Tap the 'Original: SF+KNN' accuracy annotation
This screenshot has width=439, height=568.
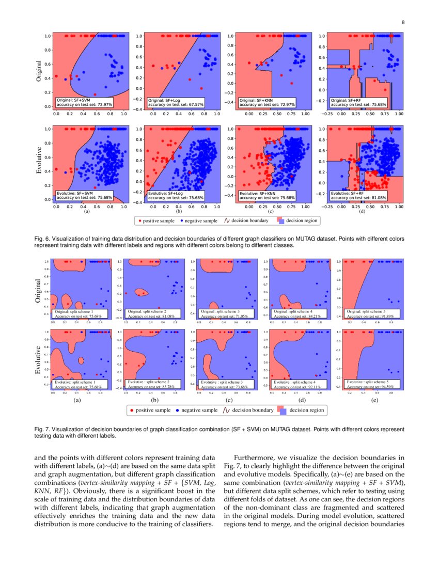(x=266, y=102)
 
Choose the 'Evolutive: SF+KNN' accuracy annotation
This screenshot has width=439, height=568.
(x=266, y=195)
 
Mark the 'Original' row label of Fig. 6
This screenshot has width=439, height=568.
(x=38, y=72)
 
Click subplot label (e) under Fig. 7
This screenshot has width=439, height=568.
(x=374, y=400)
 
